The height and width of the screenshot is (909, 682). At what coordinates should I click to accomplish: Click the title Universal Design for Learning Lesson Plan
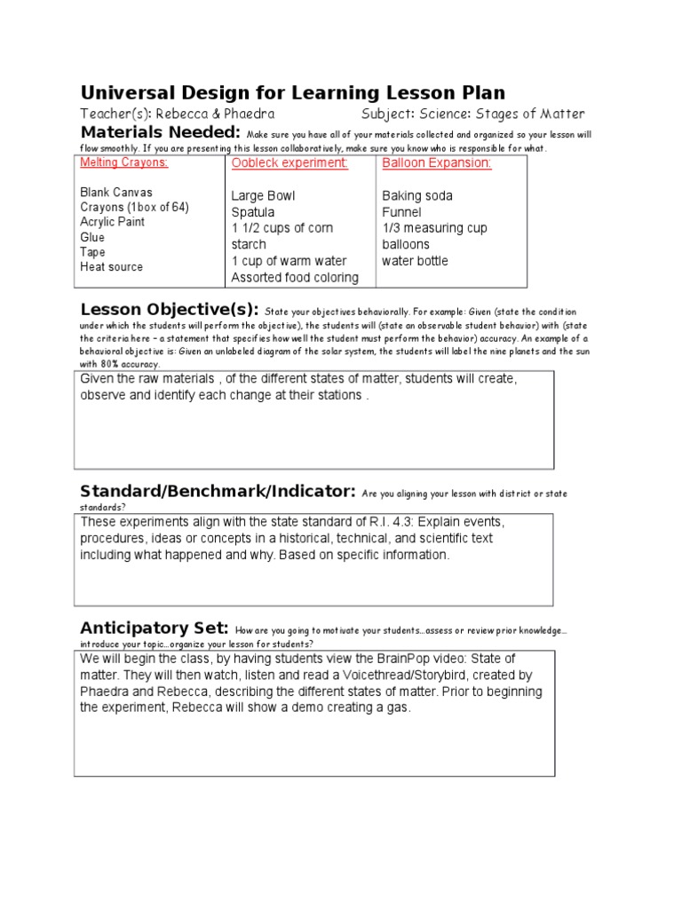tap(292, 92)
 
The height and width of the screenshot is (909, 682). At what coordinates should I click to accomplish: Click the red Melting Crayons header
tap(124, 163)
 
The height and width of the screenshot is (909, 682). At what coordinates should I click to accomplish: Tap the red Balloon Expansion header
tap(436, 163)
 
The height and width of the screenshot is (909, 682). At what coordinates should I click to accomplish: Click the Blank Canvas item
tap(116, 192)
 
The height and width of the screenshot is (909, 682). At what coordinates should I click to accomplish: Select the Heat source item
tap(111, 266)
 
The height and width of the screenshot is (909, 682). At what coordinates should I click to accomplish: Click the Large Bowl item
tap(263, 195)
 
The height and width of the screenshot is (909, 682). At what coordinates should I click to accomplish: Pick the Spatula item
tap(253, 212)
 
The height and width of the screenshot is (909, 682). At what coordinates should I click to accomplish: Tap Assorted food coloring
tap(295, 278)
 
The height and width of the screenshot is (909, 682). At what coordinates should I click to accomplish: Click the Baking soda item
tap(417, 195)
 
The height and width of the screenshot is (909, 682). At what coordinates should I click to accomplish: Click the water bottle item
tap(415, 261)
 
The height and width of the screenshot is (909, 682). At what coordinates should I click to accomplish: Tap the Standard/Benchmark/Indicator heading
tap(218, 491)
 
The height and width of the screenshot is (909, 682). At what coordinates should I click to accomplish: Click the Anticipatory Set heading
tap(155, 627)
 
